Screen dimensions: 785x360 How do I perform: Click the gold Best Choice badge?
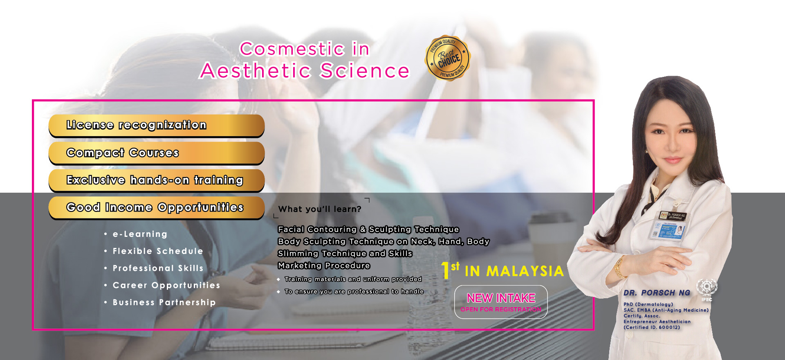pyautogui.click(x=448, y=58)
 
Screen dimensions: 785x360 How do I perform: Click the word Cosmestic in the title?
pyautogui.click(x=292, y=49)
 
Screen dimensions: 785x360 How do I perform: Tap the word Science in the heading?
pyautogui.click(x=365, y=70)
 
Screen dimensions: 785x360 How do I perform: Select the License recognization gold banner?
pyautogui.click(x=157, y=125)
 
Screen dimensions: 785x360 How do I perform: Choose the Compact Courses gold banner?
pyautogui.click(x=157, y=153)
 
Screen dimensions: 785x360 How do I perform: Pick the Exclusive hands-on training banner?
pyautogui.click(x=157, y=180)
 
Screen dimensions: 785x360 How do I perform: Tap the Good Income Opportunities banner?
pyautogui.click(x=157, y=208)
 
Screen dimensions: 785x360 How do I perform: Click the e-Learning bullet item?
pyautogui.click(x=140, y=234)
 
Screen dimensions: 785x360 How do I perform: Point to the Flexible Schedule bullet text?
pyautogui.click(x=158, y=251)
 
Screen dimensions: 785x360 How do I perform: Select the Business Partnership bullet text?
pyautogui.click(x=164, y=302)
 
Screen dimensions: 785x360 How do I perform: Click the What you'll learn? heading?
pyautogui.click(x=320, y=209)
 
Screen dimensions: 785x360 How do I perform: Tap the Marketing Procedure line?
pyautogui.click(x=324, y=265)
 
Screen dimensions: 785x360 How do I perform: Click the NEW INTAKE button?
pyautogui.click(x=501, y=302)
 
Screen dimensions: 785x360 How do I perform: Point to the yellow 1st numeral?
pyautogui.click(x=450, y=270)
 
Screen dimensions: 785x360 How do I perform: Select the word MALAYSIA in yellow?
pyautogui.click(x=525, y=271)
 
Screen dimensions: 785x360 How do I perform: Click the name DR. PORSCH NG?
pyautogui.click(x=657, y=293)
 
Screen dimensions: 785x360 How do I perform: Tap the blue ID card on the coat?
pyautogui.click(x=667, y=230)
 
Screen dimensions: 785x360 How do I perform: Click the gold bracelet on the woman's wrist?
pyautogui.click(x=620, y=267)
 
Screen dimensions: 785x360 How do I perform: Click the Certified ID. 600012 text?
pyautogui.click(x=652, y=327)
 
